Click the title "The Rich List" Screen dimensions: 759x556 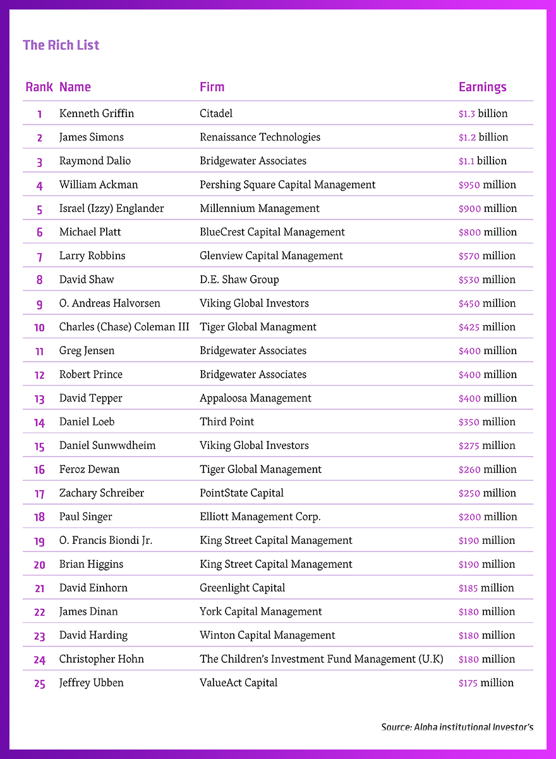pyautogui.click(x=61, y=46)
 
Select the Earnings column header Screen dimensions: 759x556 pyautogui.click(x=482, y=87)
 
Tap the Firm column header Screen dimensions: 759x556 pyautogui.click(x=212, y=87)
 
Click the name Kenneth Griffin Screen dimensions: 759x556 pyautogui.click(x=97, y=114)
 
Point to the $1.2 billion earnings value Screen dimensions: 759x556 pyautogui.click(x=483, y=137)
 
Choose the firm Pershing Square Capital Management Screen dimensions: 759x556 pyautogui.click(x=287, y=185)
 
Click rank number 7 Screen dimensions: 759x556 pyautogui.click(x=39, y=256)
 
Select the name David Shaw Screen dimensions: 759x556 pyautogui.click(x=87, y=280)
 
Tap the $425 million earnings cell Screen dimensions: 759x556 pyautogui.click(x=486, y=327)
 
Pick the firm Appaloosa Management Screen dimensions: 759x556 pyautogui.click(x=255, y=398)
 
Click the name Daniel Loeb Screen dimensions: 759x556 pyautogui.click(x=87, y=422)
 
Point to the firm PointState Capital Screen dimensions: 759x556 pyautogui.click(x=241, y=493)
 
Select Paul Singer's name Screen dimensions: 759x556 pyautogui.click(x=85, y=517)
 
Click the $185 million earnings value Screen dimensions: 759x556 pyautogui.click(x=486, y=588)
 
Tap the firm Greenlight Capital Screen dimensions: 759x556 pyautogui.click(x=242, y=588)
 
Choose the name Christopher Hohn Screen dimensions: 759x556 pyautogui.click(x=101, y=659)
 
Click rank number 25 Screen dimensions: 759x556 pyautogui.click(x=39, y=683)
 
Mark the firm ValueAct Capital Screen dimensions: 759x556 pyautogui.click(x=238, y=683)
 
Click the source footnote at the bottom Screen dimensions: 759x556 pyautogui.click(x=457, y=727)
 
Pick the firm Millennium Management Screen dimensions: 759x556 pyautogui.click(x=260, y=209)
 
